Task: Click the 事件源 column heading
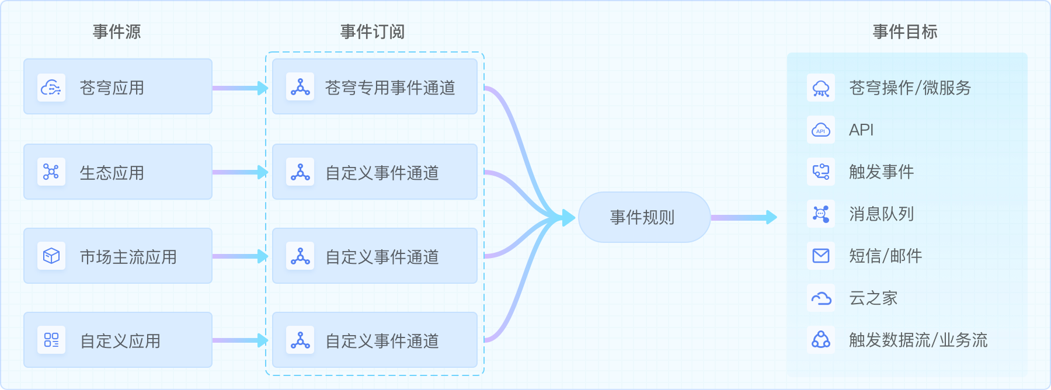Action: (x=117, y=32)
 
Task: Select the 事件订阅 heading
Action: (x=373, y=32)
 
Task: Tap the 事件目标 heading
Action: (x=905, y=32)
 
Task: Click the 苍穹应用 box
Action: (x=117, y=86)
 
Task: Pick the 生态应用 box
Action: (x=117, y=172)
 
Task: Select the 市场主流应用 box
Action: (x=117, y=256)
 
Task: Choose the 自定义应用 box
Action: (x=117, y=340)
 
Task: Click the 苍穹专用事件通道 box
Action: (x=375, y=86)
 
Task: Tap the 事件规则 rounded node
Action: (x=644, y=217)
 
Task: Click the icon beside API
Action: (x=821, y=130)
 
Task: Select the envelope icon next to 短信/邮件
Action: (x=821, y=256)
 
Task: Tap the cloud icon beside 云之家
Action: (x=821, y=298)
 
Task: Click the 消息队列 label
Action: (x=881, y=214)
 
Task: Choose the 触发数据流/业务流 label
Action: (x=918, y=340)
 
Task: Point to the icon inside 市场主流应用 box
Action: (x=51, y=256)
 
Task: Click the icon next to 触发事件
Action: (x=821, y=172)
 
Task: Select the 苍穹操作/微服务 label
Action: (x=910, y=88)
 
